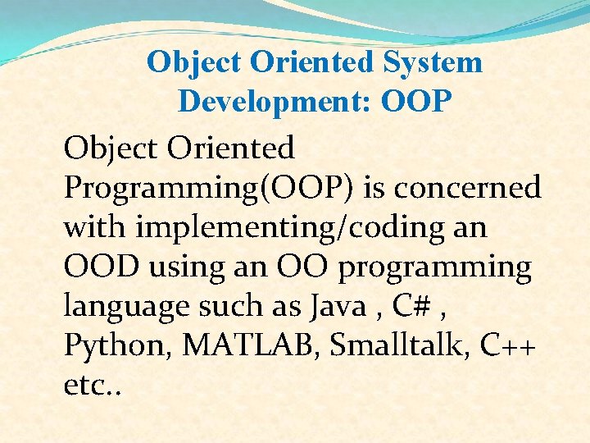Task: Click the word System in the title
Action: pos(435,62)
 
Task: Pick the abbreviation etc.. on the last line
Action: pos(93,385)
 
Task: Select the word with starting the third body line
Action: pos(96,227)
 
